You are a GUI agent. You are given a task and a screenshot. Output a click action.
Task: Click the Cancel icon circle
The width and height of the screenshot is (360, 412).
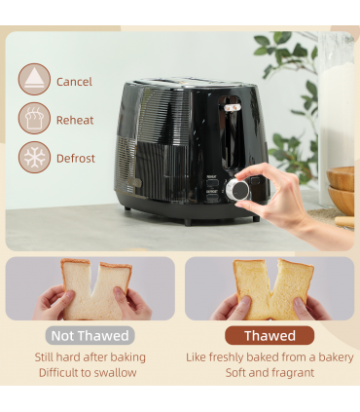tap(34, 80)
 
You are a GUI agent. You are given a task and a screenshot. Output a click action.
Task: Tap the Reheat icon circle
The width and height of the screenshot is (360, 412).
tap(34, 119)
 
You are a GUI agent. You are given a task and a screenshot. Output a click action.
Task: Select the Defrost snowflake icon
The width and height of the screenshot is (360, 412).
tap(34, 158)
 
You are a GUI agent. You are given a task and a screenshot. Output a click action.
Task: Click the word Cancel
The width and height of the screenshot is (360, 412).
tap(75, 82)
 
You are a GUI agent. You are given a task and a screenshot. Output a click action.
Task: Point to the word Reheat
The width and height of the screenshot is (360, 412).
tap(76, 120)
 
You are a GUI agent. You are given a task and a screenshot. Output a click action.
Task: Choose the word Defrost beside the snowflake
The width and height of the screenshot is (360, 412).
tap(76, 159)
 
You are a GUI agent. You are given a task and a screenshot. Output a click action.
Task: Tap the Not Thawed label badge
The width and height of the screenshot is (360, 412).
tap(90, 336)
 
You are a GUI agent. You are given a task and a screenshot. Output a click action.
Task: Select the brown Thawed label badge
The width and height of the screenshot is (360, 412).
tap(270, 336)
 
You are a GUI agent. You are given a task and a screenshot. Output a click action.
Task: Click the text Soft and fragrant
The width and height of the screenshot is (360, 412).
tap(270, 373)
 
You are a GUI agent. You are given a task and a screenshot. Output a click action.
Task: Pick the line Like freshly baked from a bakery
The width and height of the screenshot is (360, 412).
tap(270, 357)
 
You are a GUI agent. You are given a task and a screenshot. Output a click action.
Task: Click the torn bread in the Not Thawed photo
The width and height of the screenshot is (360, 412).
tap(91, 289)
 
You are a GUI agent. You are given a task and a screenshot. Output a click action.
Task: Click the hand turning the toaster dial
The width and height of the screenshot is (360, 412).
tap(282, 195)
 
